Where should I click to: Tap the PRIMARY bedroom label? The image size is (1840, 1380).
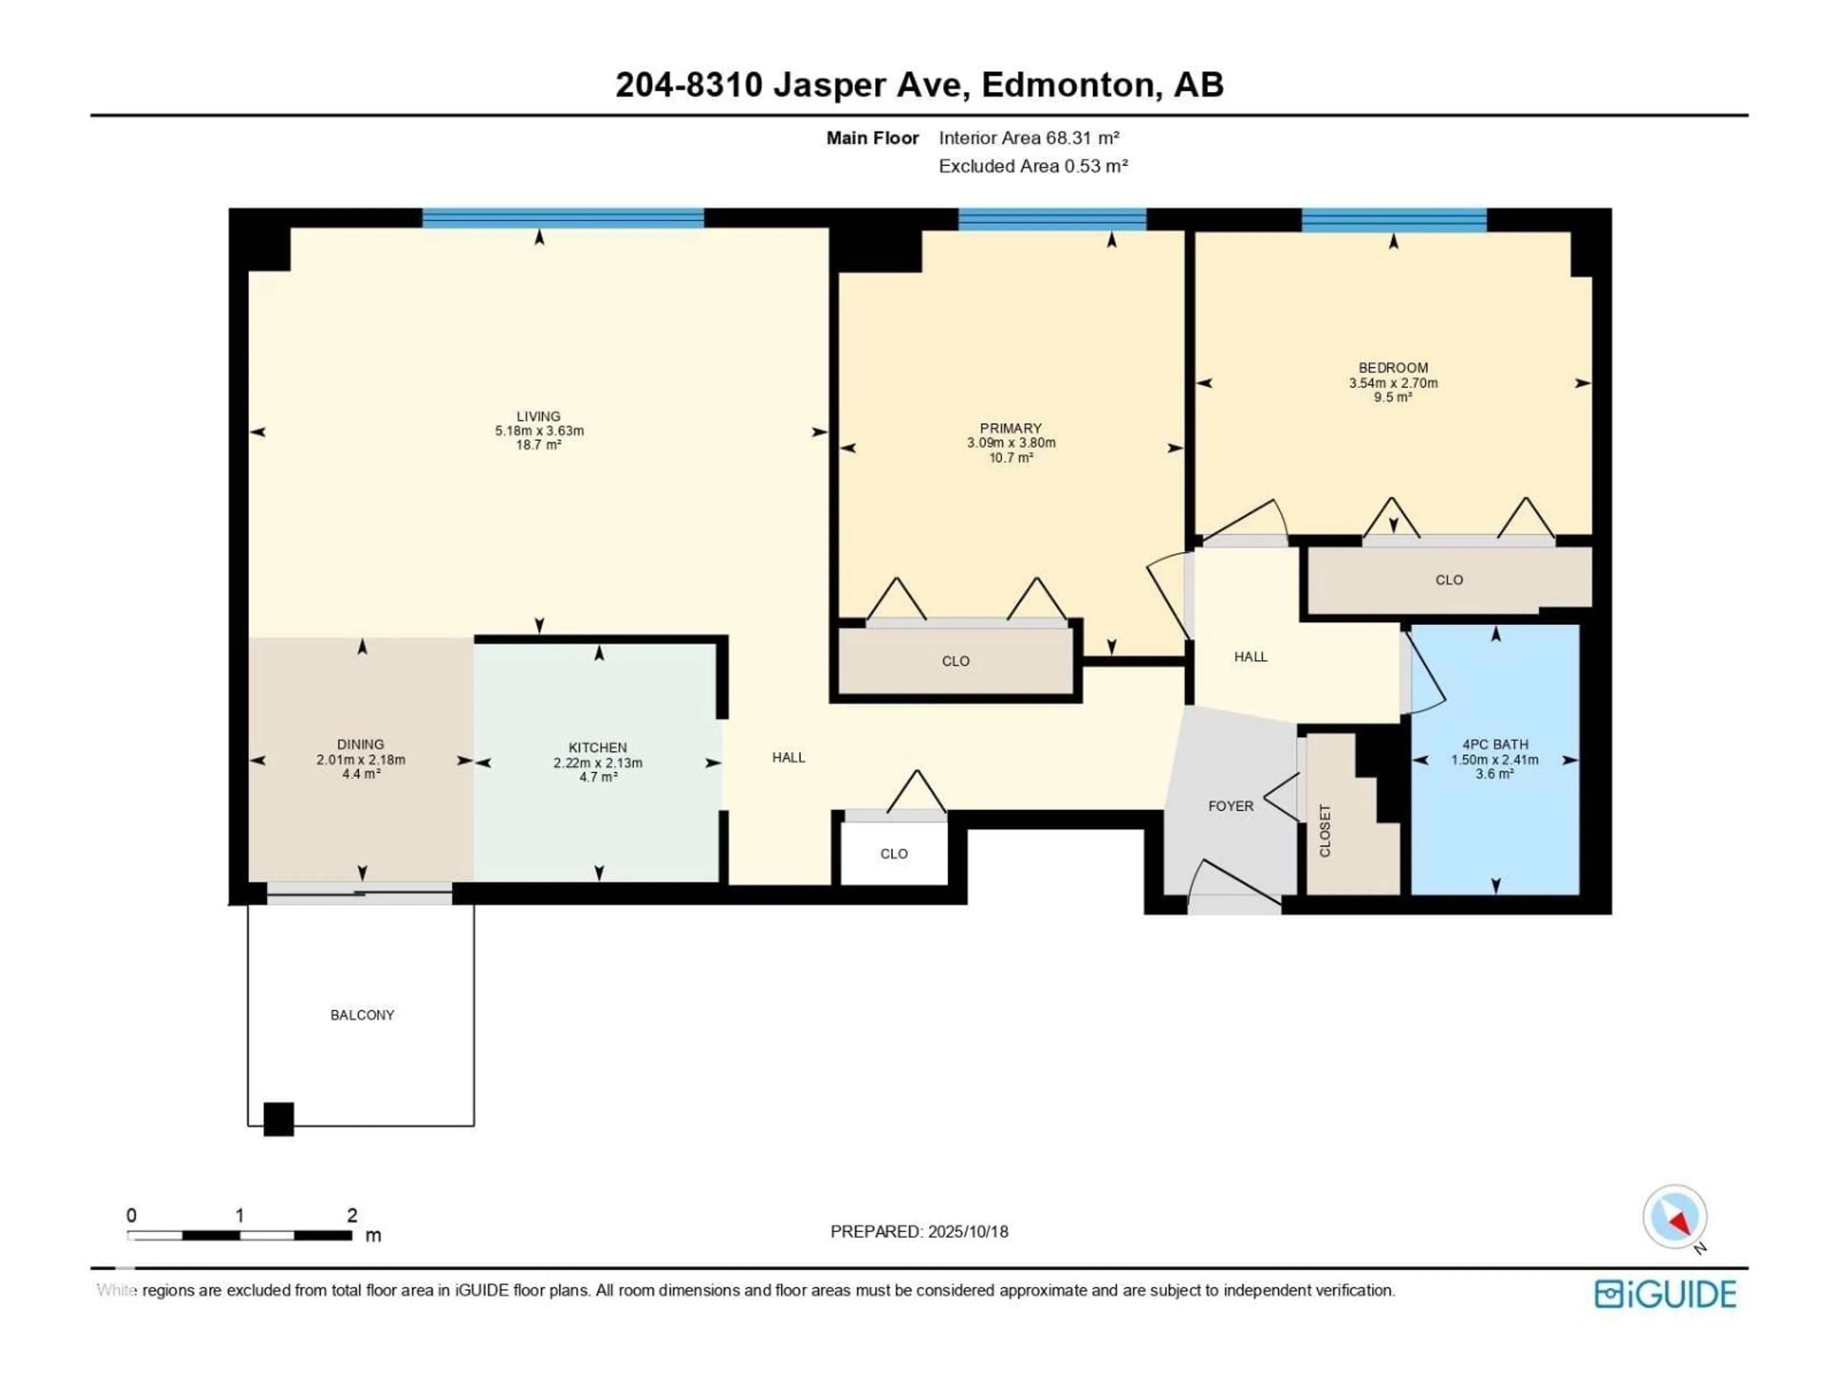(1011, 428)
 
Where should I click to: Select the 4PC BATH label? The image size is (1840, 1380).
(1495, 745)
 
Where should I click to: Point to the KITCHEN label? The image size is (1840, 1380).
(598, 748)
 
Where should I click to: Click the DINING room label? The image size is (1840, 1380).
(361, 745)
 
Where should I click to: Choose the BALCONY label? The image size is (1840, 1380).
(363, 1015)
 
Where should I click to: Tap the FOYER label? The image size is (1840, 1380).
(1231, 806)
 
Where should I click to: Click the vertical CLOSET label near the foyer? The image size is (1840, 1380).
(1325, 830)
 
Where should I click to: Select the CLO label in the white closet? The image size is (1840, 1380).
(894, 853)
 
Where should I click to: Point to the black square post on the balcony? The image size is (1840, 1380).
(279, 1119)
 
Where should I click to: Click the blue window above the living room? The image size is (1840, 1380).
(563, 218)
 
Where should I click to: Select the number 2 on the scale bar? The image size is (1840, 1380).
(352, 1215)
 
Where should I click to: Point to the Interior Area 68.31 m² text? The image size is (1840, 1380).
(1029, 138)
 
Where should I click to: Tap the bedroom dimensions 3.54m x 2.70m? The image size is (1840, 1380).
(1393, 383)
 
